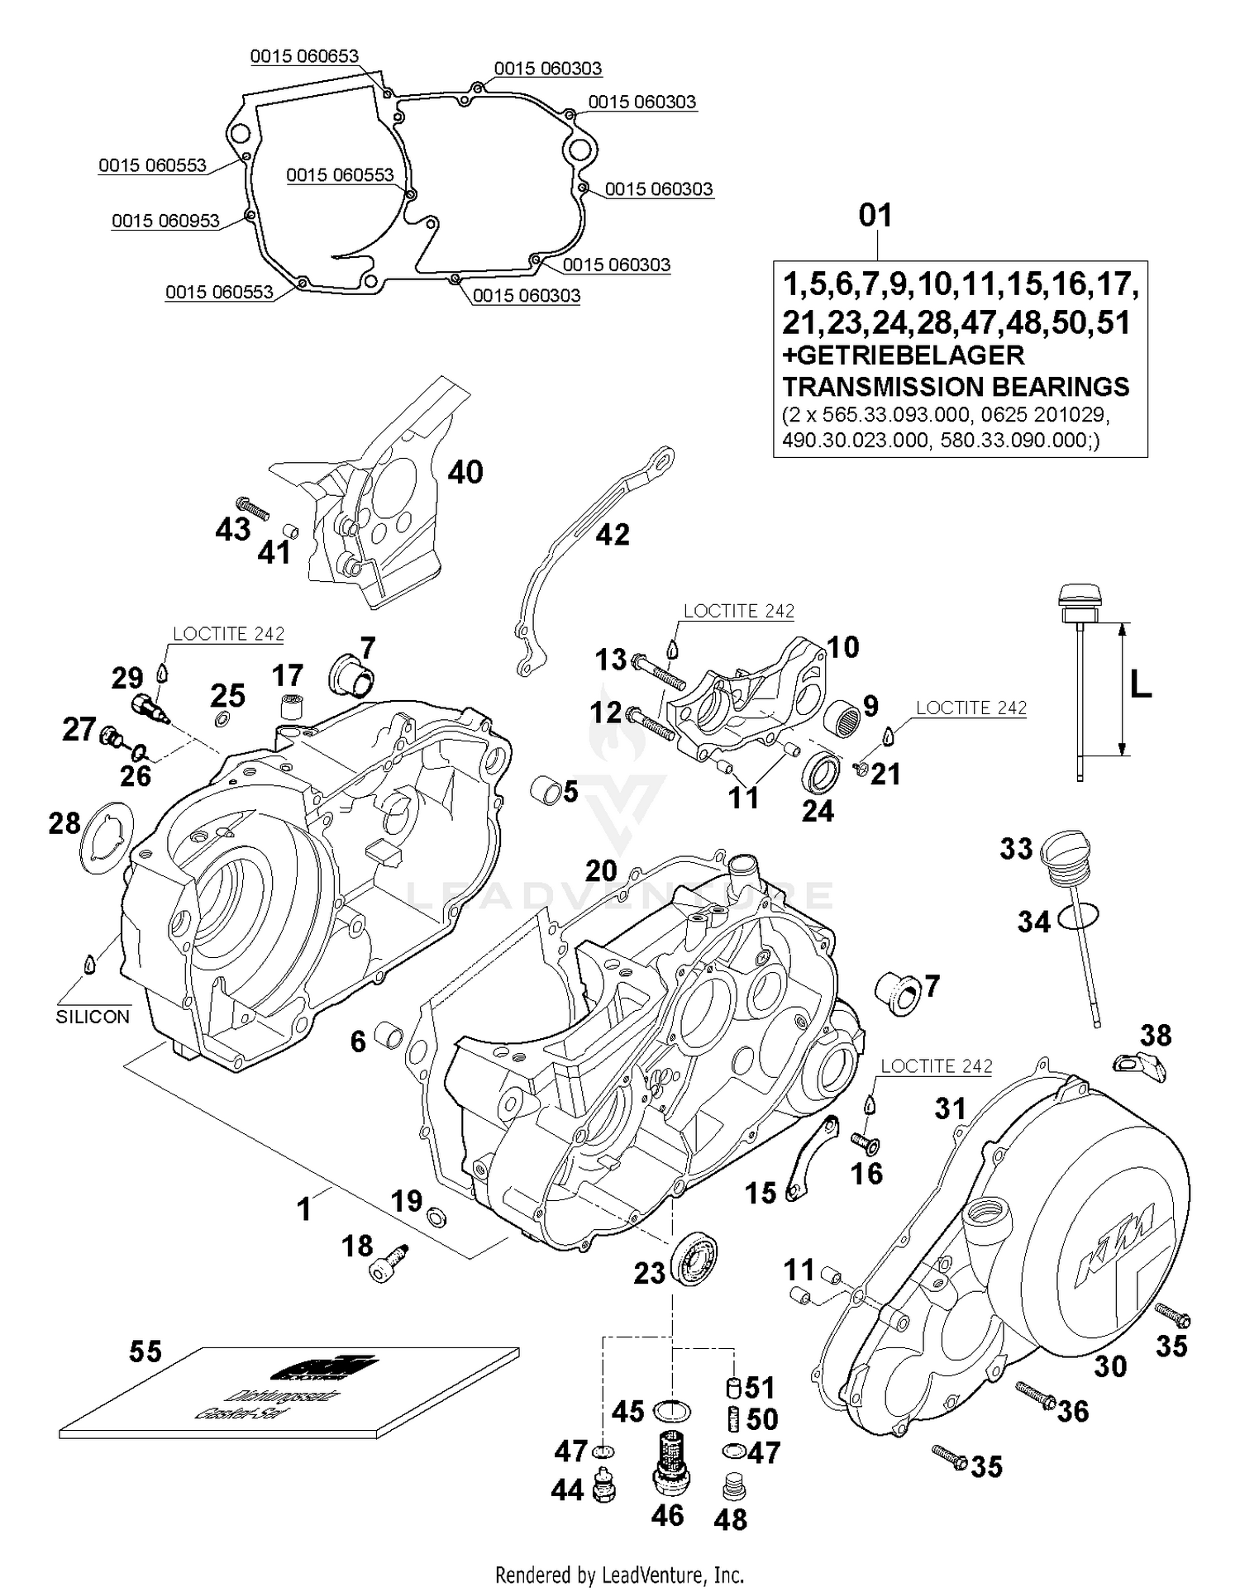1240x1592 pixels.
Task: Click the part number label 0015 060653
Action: (304, 56)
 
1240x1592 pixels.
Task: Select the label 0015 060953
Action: (165, 221)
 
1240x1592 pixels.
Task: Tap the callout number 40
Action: (465, 472)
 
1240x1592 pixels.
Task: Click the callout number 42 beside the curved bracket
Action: (612, 535)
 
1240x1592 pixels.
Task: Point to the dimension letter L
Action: (1141, 684)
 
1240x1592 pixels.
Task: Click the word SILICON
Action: (93, 1017)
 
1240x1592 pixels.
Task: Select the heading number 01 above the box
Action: (875, 216)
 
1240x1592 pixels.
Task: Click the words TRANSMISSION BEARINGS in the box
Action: (956, 387)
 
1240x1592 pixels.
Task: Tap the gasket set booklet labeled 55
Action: (289, 1397)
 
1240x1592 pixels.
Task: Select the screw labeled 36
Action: (1033, 1396)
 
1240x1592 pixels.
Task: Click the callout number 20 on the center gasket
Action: (601, 871)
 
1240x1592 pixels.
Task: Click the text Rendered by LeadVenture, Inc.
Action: (619, 1575)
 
